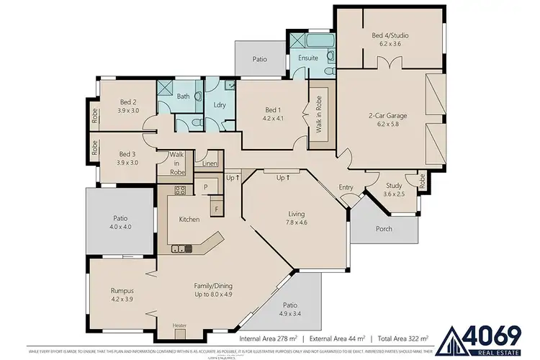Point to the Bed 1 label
point(275,110)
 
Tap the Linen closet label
point(210,164)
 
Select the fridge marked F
point(215,209)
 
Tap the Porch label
point(384,229)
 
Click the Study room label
point(394,185)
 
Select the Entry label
point(346,188)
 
